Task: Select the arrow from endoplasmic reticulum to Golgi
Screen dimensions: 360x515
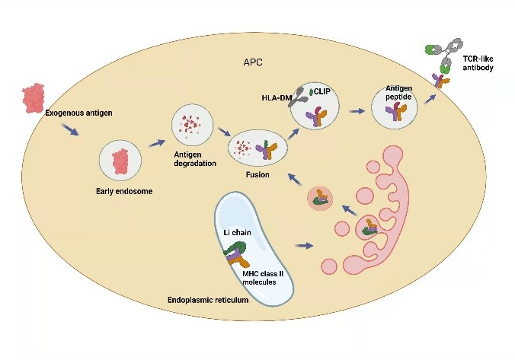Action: [x=303, y=245]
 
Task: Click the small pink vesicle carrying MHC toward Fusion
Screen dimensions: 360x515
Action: [x=321, y=200]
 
